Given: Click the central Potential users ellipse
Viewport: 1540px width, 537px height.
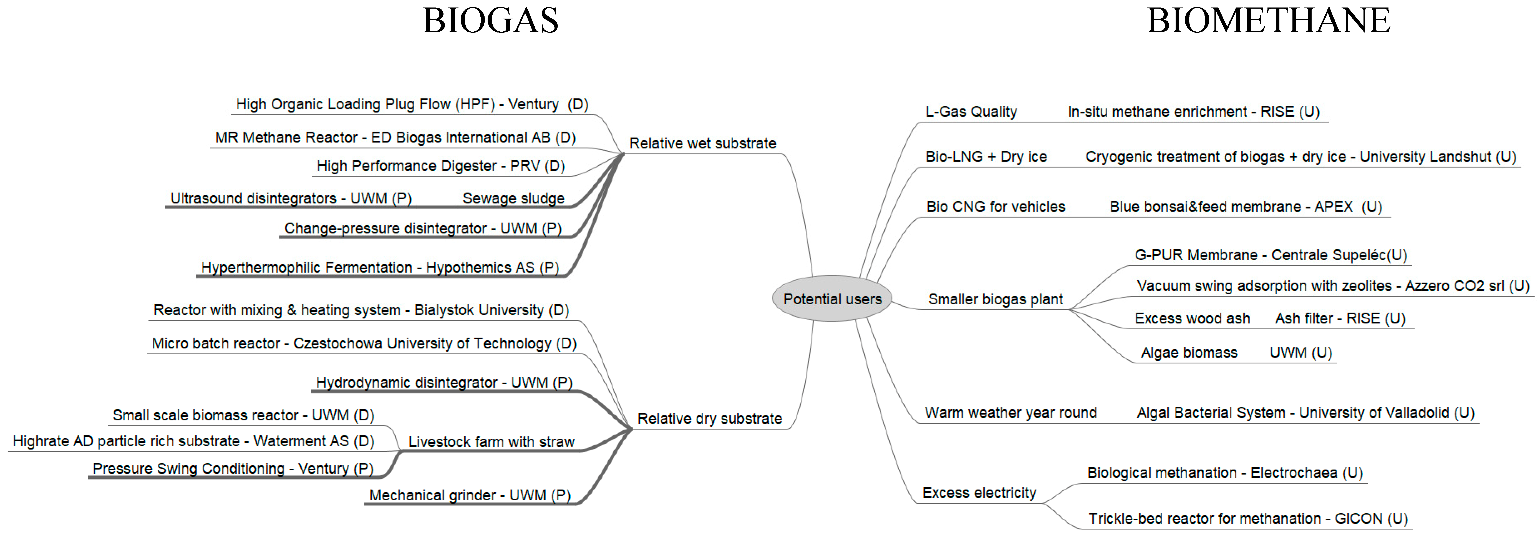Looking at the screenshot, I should pos(832,298).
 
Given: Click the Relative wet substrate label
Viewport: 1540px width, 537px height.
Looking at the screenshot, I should pos(702,144).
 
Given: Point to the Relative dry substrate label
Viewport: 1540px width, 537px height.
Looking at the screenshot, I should pos(710,419).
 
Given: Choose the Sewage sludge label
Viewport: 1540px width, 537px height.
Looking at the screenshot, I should pos(513,199).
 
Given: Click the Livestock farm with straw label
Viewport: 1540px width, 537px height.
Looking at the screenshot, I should pos(492,442).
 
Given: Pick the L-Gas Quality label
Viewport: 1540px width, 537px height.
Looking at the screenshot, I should pos(971,112).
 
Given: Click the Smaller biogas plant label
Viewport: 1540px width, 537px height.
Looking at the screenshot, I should pos(995,299).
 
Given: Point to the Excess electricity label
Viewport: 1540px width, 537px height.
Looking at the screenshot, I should pos(979,493).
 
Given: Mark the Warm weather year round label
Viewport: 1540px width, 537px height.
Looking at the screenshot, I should pos(1010,413).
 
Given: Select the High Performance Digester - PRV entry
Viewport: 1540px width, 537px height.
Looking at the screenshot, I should pos(441,166).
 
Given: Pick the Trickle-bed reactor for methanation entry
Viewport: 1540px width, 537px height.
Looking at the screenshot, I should pos(1248,518).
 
